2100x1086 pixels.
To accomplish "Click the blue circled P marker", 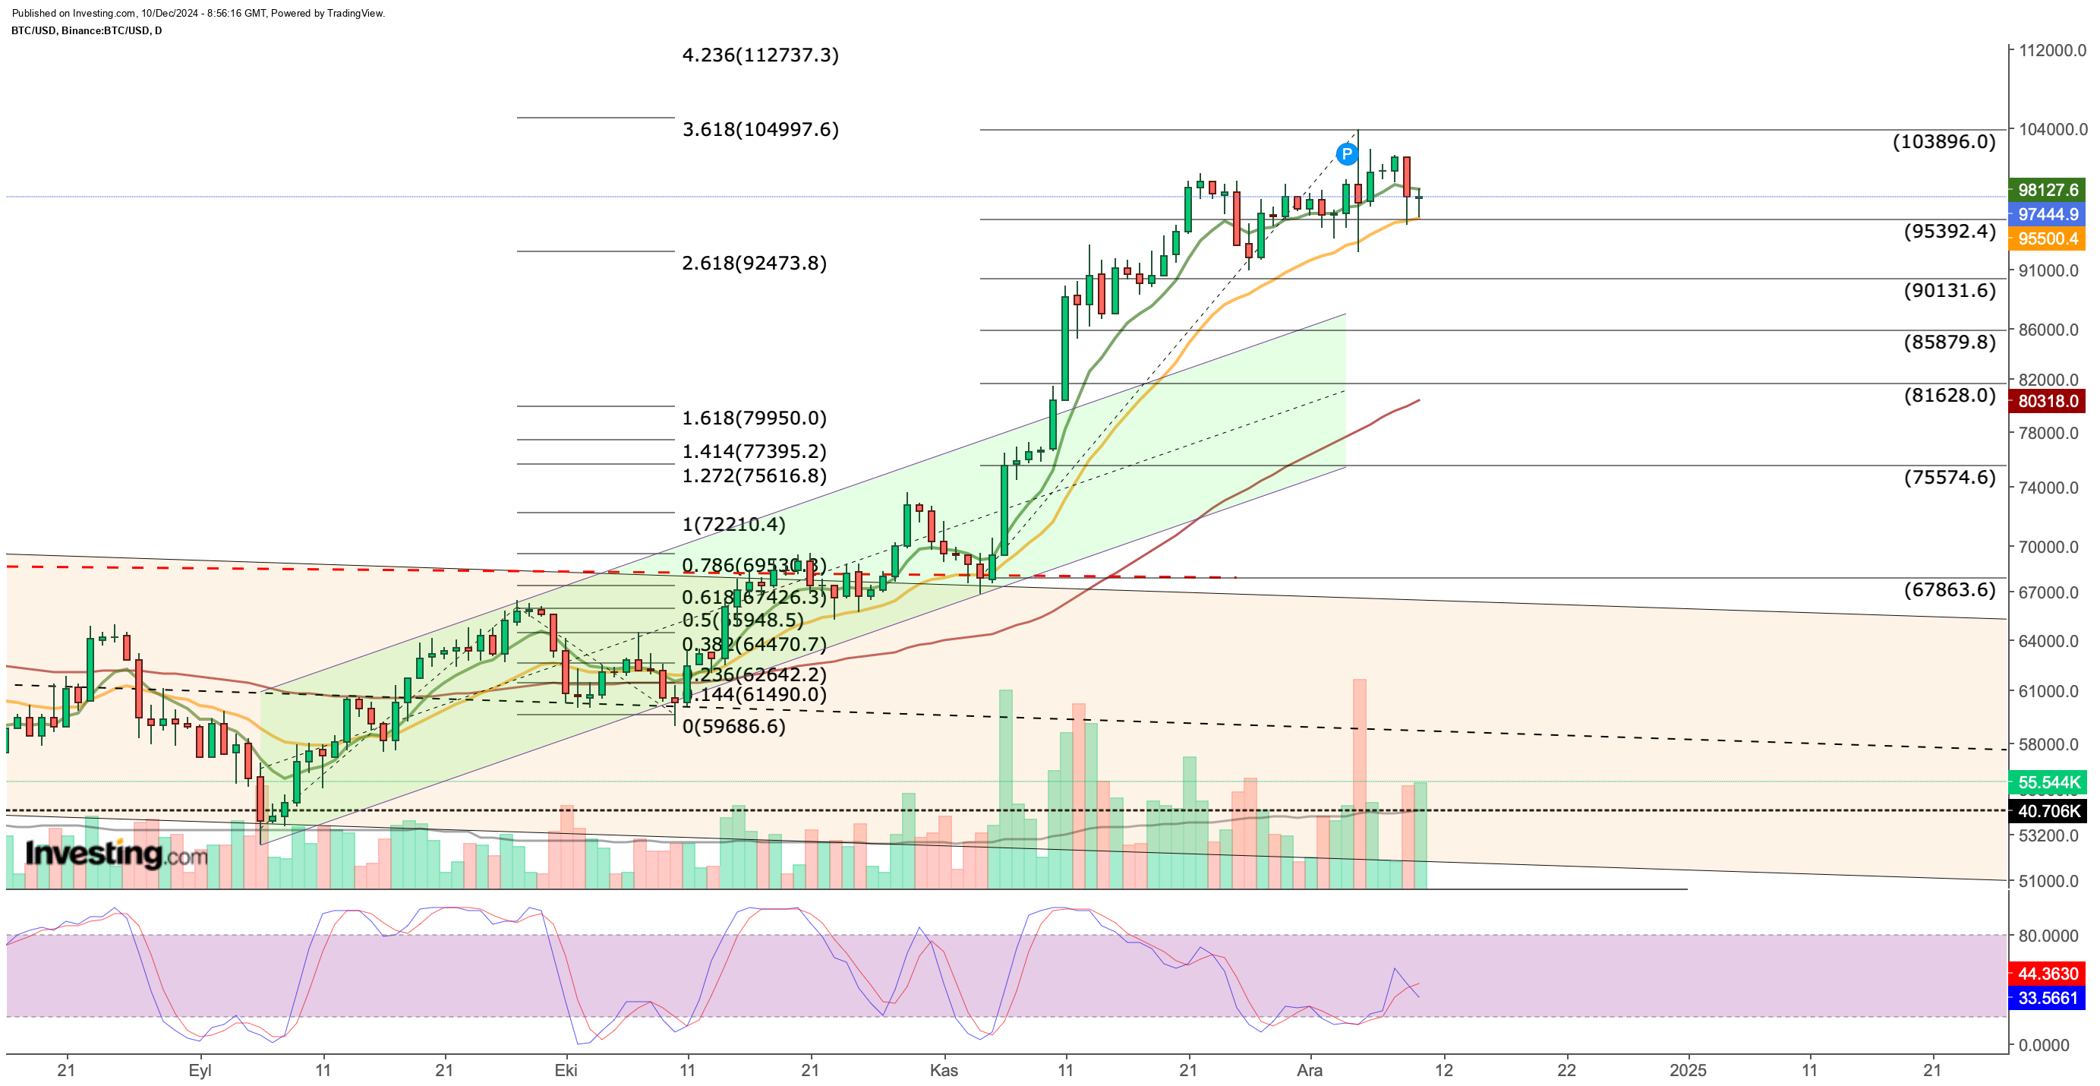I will pos(1347,153).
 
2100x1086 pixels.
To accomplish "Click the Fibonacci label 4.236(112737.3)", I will pos(760,55).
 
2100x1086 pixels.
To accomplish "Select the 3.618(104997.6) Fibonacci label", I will pos(760,129).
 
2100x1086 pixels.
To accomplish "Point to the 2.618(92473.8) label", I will pos(754,263).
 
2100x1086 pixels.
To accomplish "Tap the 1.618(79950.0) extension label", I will pos(754,418).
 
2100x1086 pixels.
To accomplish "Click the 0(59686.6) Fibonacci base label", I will pos(733,725).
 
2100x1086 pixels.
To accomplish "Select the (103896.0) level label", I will pos(1944,141).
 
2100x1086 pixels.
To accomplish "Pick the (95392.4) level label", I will pos(1949,231).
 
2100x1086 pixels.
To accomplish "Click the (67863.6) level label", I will pos(1949,589).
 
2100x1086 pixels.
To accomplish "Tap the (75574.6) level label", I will pos(1949,477).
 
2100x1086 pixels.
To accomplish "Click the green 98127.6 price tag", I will pos(2047,190).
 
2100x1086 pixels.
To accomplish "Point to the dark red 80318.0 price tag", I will pos(2047,401).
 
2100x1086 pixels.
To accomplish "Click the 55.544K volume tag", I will pos(2047,783).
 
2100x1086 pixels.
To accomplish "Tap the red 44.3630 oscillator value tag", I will pos(2047,974).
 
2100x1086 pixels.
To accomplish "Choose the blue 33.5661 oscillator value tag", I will pos(2047,998).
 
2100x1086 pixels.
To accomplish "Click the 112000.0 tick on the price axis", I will pos(2052,51).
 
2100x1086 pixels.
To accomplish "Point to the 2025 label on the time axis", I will pos(1687,1070).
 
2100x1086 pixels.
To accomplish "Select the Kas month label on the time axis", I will pos(943,1070).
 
